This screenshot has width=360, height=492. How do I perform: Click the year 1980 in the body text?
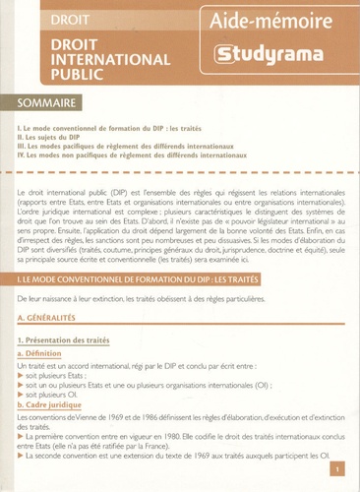pos(167,440)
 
